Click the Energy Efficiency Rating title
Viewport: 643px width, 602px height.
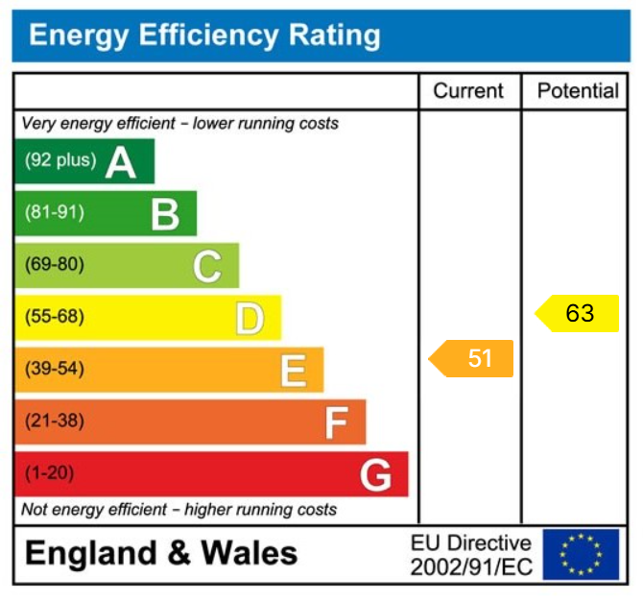pos(204,36)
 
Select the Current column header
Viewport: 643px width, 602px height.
pos(468,91)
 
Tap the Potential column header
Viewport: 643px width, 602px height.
pos(578,91)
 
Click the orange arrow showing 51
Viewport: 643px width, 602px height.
pos(472,358)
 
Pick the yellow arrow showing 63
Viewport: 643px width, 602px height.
pos(578,313)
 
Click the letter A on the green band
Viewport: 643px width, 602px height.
pos(121,162)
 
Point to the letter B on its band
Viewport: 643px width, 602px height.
pos(165,214)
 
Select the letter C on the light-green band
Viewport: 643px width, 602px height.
pos(207,266)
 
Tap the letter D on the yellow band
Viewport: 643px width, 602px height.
pos(250,318)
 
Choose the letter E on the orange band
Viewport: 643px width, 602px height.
pos(293,371)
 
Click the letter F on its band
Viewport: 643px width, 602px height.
pos(335,422)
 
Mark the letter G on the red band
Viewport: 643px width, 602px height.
pos(375,474)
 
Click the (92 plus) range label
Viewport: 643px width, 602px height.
pos(60,160)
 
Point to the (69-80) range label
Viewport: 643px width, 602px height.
pos(54,265)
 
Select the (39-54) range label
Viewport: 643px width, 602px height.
pos(54,369)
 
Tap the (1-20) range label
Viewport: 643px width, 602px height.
pos(49,473)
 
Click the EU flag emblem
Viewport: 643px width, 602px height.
pos(580,554)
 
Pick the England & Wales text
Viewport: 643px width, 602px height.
pos(161,554)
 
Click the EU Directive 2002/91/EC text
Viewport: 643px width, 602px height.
pos(470,555)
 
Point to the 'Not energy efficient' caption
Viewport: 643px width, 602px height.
pos(179,509)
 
